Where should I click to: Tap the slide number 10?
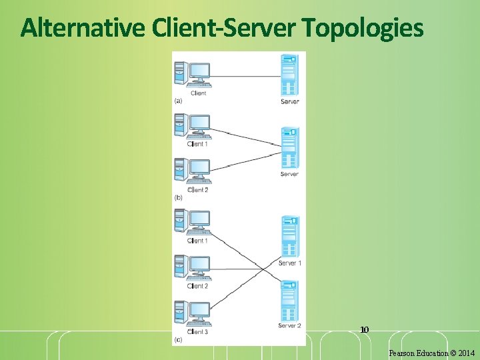click(x=364, y=329)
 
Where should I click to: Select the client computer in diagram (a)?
click(x=193, y=75)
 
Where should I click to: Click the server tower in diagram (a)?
click(x=289, y=75)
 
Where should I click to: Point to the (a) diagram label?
click(x=178, y=101)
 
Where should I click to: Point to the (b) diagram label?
click(x=178, y=197)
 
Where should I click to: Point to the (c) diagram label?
click(x=178, y=340)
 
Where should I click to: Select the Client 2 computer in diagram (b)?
click(x=193, y=171)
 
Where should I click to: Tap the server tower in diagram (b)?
click(x=289, y=147)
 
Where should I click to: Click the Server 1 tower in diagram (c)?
click(x=289, y=236)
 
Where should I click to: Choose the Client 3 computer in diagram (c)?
click(x=193, y=313)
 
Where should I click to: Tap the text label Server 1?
click(x=290, y=263)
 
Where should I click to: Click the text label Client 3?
click(x=198, y=331)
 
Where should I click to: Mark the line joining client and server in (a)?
click(x=247, y=76)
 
